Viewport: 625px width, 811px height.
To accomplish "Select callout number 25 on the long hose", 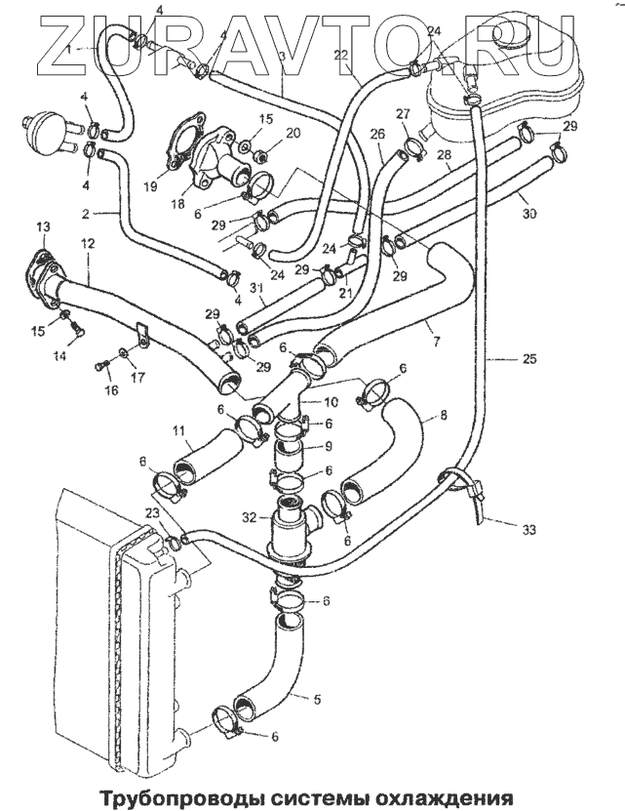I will (528, 360).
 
